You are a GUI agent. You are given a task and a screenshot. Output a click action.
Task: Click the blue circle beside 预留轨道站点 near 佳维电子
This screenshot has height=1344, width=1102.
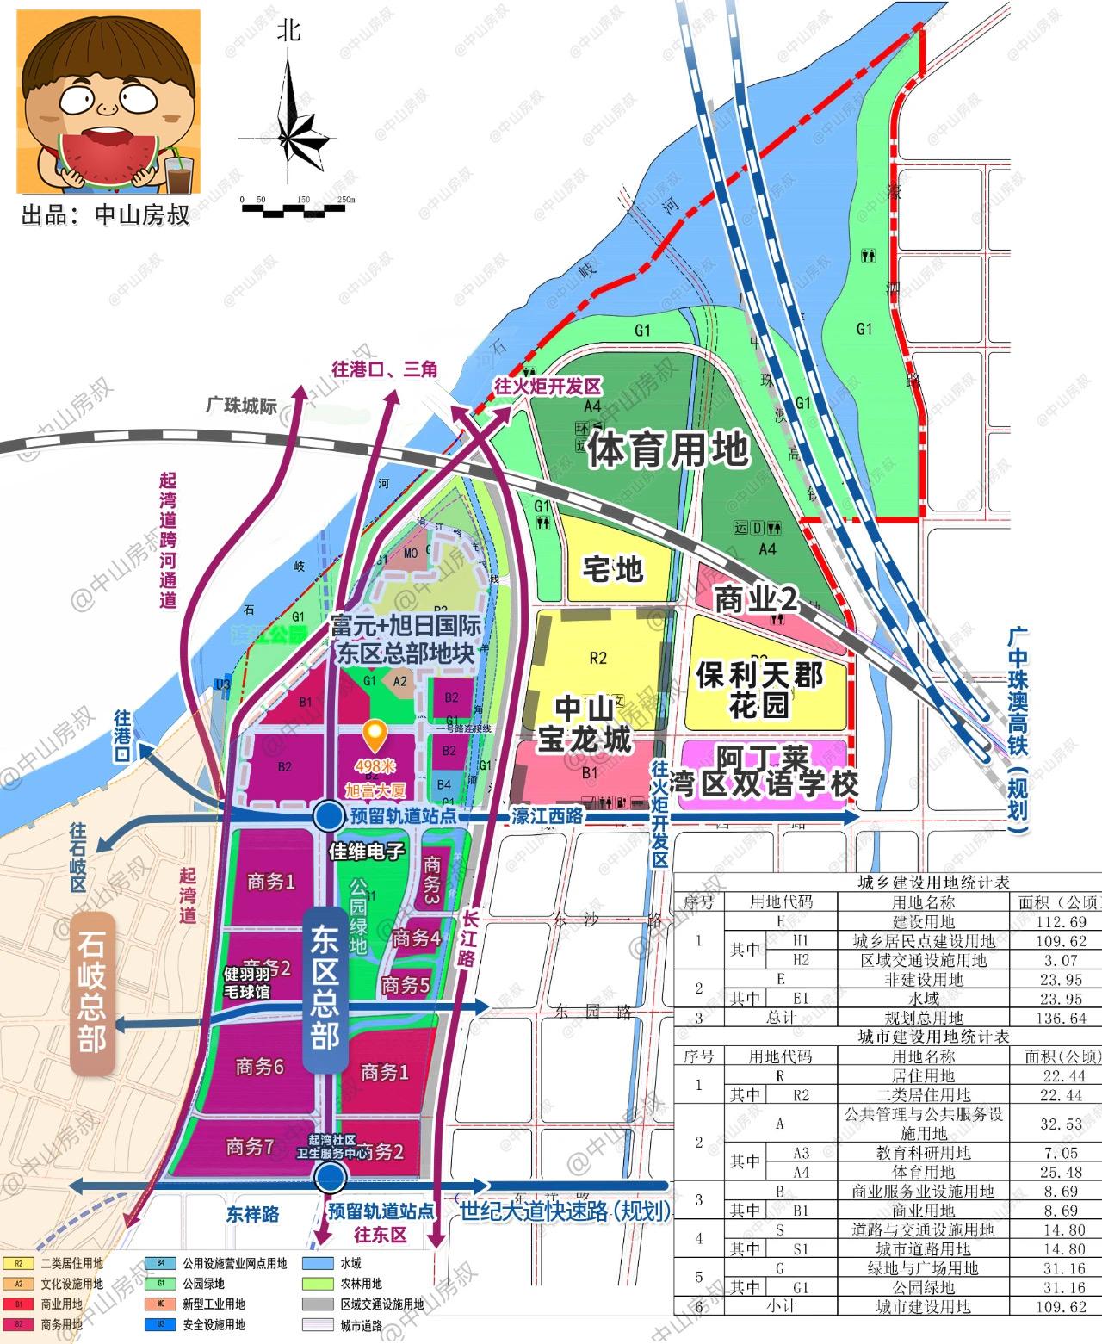(x=327, y=815)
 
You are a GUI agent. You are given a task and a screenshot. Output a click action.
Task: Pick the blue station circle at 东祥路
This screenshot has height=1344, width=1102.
(x=327, y=1176)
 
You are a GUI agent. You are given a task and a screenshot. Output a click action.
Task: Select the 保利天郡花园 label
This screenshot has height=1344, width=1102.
(x=758, y=689)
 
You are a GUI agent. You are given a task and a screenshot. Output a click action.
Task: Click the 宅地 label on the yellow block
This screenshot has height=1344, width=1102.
(x=613, y=569)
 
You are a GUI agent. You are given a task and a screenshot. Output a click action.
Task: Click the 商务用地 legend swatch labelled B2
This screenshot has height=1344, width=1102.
(x=18, y=1324)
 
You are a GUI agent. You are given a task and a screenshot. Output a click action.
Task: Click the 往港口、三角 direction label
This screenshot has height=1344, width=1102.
(x=385, y=369)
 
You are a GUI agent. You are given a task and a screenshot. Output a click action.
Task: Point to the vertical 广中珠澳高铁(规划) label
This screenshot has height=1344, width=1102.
(x=1021, y=731)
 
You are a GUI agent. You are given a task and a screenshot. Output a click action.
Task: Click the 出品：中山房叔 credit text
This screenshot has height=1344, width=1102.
(x=105, y=214)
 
